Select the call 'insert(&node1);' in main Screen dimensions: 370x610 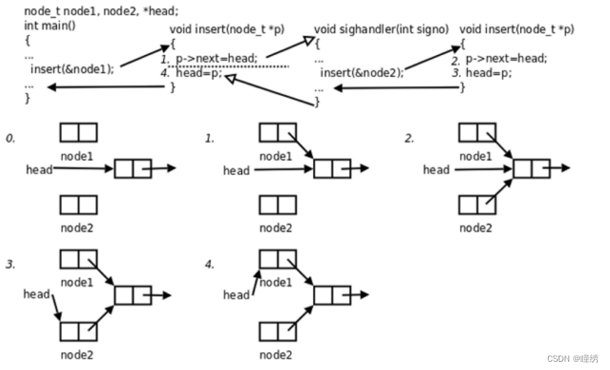[x=73, y=69]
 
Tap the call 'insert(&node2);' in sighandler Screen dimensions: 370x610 [x=361, y=72]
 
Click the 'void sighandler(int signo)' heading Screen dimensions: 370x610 [x=381, y=29]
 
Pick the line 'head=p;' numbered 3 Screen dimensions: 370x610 [x=489, y=73]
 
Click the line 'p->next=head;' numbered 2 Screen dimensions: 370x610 [x=506, y=58]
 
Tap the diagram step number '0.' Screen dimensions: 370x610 [x=11, y=139]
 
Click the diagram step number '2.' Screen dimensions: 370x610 [x=409, y=139]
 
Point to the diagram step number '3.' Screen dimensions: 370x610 [x=11, y=265]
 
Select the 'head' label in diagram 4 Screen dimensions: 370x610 [x=236, y=295]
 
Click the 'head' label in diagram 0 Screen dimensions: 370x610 [x=38, y=170]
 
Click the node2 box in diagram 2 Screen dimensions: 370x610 [x=477, y=205]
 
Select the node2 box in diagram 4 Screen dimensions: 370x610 [x=277, y=331]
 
